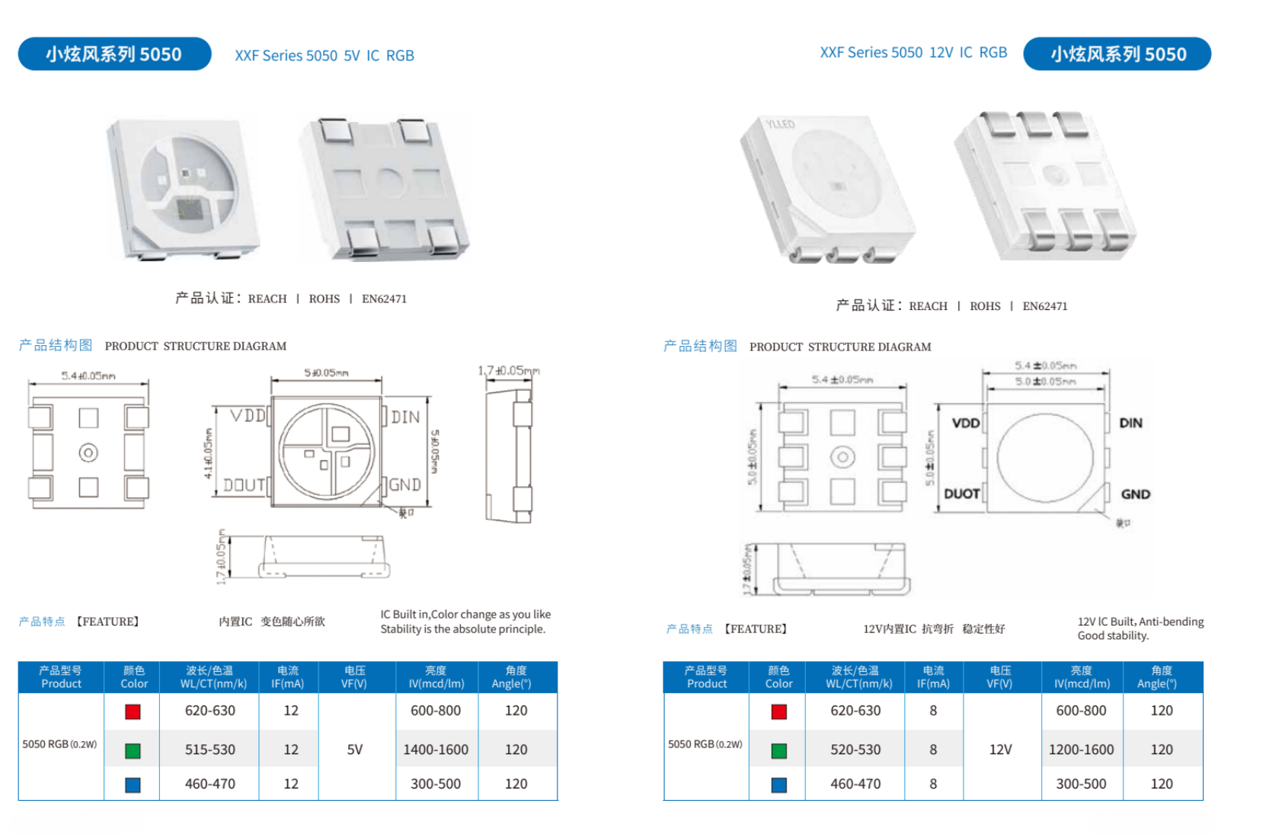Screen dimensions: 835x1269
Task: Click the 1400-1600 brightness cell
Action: [x=436, y=750]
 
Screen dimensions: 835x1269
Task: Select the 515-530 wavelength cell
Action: [x=210, y=750]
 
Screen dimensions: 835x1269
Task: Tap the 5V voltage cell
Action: [x=355, y=750]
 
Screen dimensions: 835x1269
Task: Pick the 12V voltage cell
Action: [x=1000, y=750]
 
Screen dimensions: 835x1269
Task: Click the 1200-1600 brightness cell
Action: [x=1081, y=750]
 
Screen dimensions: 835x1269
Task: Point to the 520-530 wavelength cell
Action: [x=855, y=750]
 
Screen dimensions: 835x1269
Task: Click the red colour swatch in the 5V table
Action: [x=133, y=712]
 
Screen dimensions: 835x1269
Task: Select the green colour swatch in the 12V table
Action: [x=778, y=751]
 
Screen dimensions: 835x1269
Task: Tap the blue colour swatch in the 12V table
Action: [x=778, y=785]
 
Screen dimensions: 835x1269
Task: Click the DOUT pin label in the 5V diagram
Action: [x=245, y=485]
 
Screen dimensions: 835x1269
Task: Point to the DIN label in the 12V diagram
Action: [x=1130, y=423]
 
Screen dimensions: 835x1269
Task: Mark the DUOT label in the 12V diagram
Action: [x=961, y=494]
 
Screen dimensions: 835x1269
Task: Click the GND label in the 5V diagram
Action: [x=405, y=485]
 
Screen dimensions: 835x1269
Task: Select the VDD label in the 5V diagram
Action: [x=248, y=416]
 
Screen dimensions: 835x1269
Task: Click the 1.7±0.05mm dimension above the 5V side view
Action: [x=509, y=371]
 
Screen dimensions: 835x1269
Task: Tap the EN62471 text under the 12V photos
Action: [x=1044, y=306]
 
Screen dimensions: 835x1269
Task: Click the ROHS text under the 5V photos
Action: [x=324, y=299]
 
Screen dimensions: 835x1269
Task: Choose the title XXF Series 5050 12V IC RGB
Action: [x=913, y=53]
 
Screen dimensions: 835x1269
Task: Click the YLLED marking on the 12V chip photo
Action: [x=780, y=124]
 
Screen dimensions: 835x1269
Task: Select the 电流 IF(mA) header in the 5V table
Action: [x=288, y=677]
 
